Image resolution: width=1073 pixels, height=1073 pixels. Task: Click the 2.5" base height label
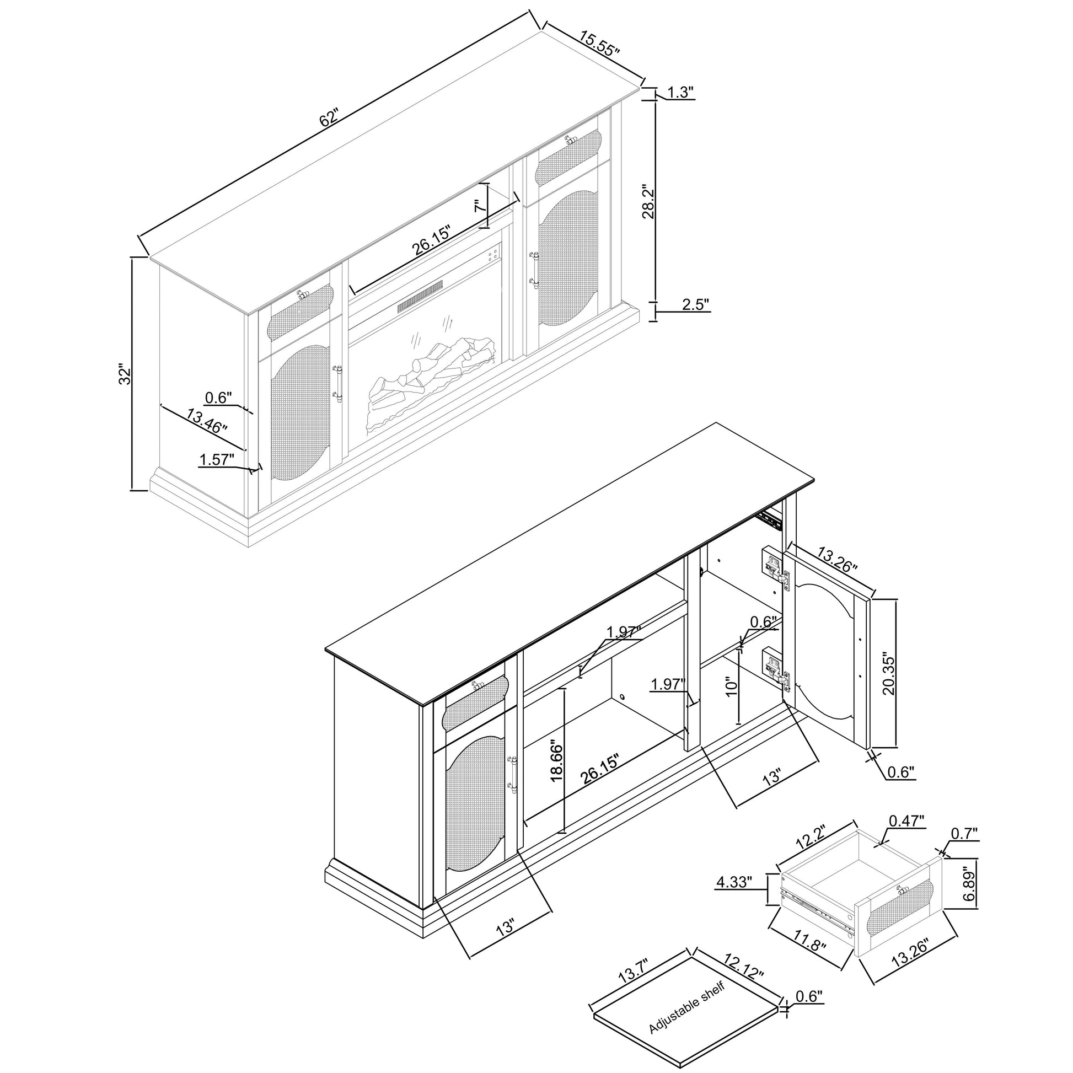(696, 304)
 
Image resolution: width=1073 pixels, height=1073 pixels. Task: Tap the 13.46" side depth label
(207, 420)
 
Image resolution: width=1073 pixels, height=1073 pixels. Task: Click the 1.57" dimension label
(217, 459)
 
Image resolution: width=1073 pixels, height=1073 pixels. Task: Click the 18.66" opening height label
(556, 760)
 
